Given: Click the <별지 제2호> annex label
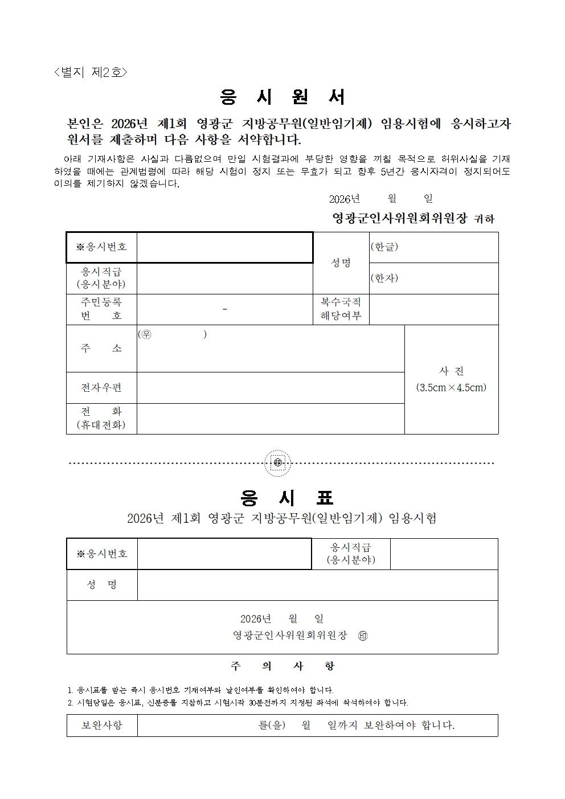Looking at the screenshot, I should [x=91, y=72].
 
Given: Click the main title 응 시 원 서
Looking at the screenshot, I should [x=282, y=97].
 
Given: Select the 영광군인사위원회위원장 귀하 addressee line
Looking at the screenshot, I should [x=413, y=218].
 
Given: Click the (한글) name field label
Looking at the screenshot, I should [x=384, y=247].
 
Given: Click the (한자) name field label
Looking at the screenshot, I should [x=384, y=278].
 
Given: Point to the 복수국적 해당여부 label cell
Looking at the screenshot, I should [x=341, y=309].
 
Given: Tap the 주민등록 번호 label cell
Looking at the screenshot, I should [x=101, y=309].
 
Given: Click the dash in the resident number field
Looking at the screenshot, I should [x=225, y=309].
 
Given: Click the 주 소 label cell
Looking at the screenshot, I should [x=101, y=349].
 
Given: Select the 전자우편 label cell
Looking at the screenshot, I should [x=101, y=388].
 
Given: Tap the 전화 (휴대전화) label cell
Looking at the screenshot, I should [x=101, y=418].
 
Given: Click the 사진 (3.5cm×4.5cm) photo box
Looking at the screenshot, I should [x=451, y=379].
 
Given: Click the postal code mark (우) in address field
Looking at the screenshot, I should [x=146, y=334].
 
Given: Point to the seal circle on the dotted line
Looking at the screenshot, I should [x=278, y=463].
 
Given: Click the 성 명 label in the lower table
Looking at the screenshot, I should [x=102, y=585].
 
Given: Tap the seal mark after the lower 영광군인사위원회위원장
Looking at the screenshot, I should [x=363, y=636].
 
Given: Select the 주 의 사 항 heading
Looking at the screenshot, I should [x=282, y=666].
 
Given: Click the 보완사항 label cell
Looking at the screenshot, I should [x=102, y=726].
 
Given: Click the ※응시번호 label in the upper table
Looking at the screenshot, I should [x=101, y=247].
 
